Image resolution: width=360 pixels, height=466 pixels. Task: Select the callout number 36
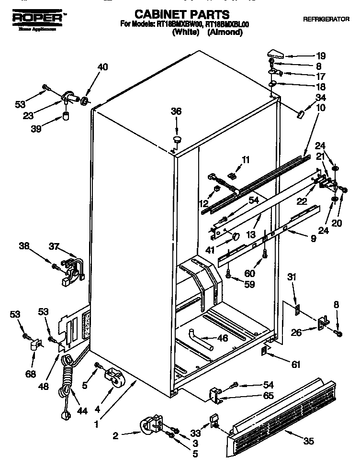tap(177, 111)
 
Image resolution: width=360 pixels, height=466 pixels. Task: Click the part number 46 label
tap(222, 338)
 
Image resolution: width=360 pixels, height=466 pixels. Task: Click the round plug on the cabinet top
tap(177, 139)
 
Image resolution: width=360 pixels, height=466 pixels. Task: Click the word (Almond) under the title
tap(225, 33)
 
